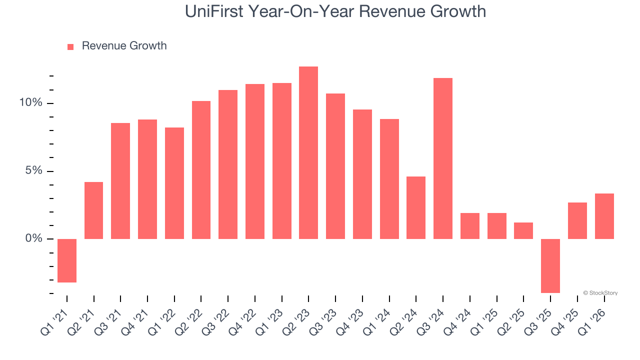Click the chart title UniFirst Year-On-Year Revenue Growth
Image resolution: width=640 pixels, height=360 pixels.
[x=335, y=11]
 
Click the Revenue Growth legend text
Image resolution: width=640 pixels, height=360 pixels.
[x=124, y=46]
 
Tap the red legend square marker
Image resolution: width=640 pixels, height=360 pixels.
[x=70, y=47]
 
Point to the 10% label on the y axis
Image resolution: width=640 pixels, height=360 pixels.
[x=31, y=103]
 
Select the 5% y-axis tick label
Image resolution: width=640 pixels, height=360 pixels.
[x=34, y=171]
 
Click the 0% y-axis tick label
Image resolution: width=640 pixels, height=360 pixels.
[x=34, y=239]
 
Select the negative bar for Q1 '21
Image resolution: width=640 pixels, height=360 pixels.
[x=67, y=260]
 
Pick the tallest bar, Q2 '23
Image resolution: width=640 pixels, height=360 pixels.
[x=308, y=152]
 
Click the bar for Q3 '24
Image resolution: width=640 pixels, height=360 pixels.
[x=443, y=158]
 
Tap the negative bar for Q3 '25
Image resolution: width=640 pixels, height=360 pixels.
[x=550, y=265]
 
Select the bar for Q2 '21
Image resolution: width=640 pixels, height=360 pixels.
[x=94, y=210]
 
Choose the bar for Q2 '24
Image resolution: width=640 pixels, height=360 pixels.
[x=416, y=207]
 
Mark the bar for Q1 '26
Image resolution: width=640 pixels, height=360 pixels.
[x=604, y=216]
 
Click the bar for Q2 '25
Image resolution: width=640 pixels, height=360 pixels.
[x=523, y=230]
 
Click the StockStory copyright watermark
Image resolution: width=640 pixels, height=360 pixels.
[x=600, y=293]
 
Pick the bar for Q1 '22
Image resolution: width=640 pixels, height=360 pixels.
[x=174, y=183]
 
